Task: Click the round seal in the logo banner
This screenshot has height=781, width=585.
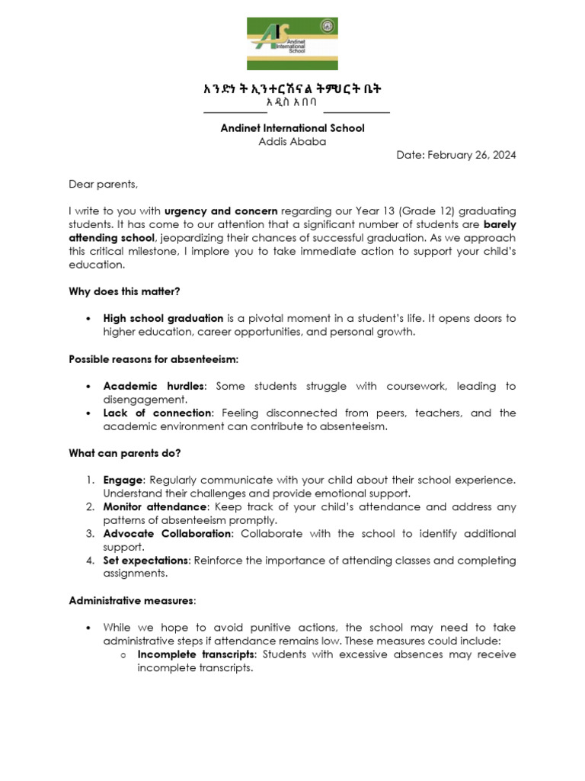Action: pos(330,26)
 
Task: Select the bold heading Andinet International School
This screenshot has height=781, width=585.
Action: pos(292,127)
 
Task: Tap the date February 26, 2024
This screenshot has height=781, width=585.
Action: pos(456,155)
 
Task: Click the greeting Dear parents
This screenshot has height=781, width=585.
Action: pos(104,184)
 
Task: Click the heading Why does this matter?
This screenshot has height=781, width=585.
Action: pos(124,291)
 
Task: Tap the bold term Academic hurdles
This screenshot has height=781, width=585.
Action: pos(153,386)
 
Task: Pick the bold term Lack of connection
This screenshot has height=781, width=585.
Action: pos(157,413)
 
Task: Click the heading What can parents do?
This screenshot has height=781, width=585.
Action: pos(124,453)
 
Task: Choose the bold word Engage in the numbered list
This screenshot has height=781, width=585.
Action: pos(123,480)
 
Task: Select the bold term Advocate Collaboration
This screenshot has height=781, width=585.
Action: pos(167,533)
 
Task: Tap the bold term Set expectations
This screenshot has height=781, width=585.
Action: pos(147,561)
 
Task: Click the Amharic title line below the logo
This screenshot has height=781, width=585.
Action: pos(292,88)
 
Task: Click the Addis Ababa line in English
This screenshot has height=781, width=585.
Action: pos(292,141)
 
